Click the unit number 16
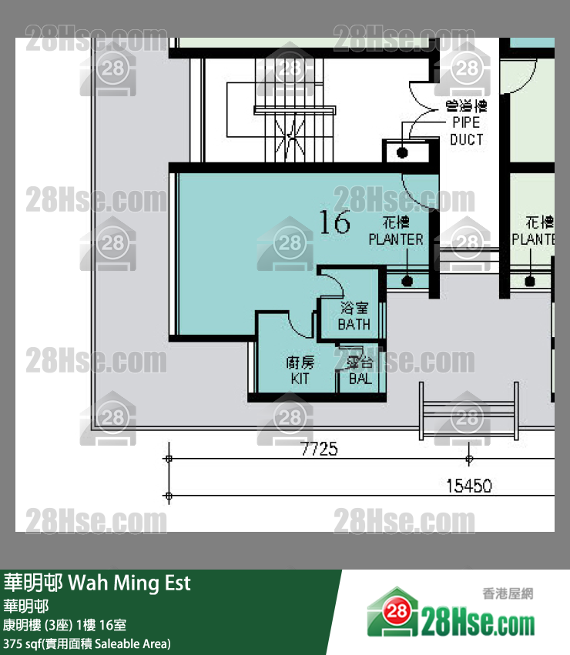[x=335, y=222]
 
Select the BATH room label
[x=354, y=316]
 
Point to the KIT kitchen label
[x=300, y=371]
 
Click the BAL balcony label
[x=360, y=371]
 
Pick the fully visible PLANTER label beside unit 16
[x=396, y=232]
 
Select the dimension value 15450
[x=469, y=486]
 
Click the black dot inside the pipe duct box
[x=402, y=152]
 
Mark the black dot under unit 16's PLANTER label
[x=407, y=281]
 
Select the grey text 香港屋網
[x=508, y=593]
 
